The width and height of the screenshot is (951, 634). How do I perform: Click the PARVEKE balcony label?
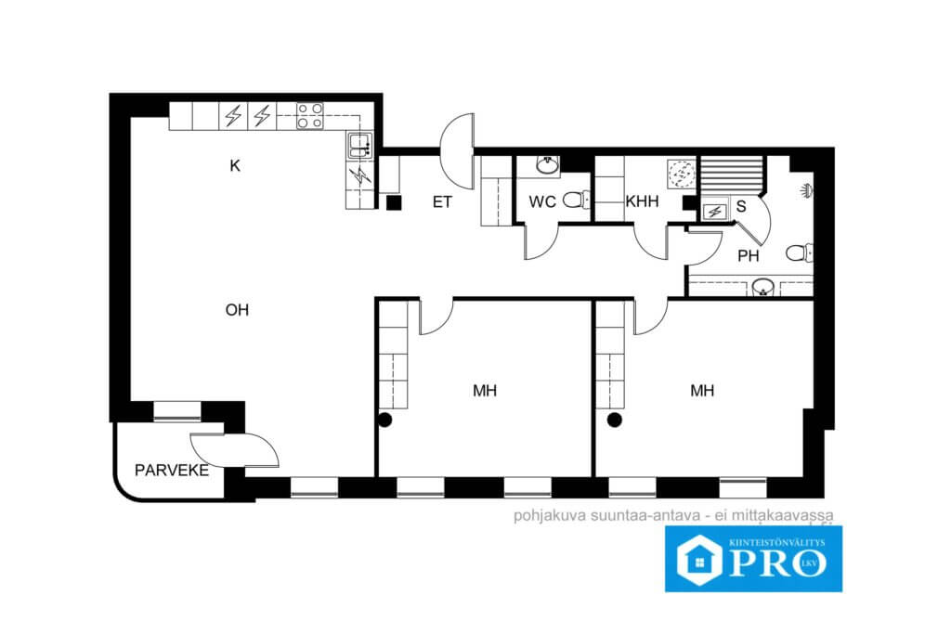tap(172, 471)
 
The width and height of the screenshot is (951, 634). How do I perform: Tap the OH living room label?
tap(237, 310)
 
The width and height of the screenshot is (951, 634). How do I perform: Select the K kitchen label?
tap(235, 165)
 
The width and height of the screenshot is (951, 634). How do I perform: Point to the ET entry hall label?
tap(442, 201)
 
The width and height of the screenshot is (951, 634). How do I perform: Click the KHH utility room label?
tap(643, 201)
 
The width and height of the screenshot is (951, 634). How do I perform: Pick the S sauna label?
tap(741, 207)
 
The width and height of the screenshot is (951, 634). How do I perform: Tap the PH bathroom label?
tap(749, 256)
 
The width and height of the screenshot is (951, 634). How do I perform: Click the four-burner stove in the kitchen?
tap(310, 116)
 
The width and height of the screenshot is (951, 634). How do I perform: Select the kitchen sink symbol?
tap(359, 146)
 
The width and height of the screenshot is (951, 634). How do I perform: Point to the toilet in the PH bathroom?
tap(800, 252)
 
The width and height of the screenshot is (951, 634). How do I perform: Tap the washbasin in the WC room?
tap(548, 165)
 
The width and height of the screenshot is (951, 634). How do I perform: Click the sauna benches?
tap(732, 175)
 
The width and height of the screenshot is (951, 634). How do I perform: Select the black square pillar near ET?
tap(393, 202)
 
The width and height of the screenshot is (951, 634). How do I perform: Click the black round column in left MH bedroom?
tap(385, 420)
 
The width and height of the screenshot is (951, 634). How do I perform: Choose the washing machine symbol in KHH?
tap(681, 172)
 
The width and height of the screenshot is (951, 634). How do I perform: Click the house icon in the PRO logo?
tap(699, 562)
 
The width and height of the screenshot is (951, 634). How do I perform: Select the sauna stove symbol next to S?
tap(714, 212)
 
